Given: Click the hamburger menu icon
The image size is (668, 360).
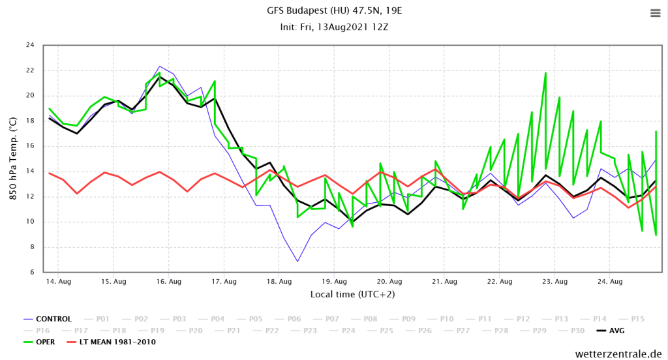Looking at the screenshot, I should pos(654,13).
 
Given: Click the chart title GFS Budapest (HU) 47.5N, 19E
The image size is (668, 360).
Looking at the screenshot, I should pos(334,11).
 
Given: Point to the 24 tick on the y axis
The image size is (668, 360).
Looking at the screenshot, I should pos(30,45).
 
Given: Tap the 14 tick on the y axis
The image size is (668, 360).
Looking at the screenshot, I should pos(30,172).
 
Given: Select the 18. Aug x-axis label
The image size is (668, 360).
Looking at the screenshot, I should pos(279,282).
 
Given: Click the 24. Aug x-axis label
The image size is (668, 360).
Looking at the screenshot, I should pos(610,282).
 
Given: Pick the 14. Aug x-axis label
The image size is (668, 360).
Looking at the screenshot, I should pos(58,282).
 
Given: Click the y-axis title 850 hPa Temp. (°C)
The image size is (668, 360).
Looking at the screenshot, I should pos(13,158).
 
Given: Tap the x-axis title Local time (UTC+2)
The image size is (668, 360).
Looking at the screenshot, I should pos(352,294).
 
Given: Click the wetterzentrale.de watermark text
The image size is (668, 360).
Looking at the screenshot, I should pos(618,353).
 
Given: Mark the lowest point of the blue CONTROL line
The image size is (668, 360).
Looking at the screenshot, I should pos(297,262).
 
